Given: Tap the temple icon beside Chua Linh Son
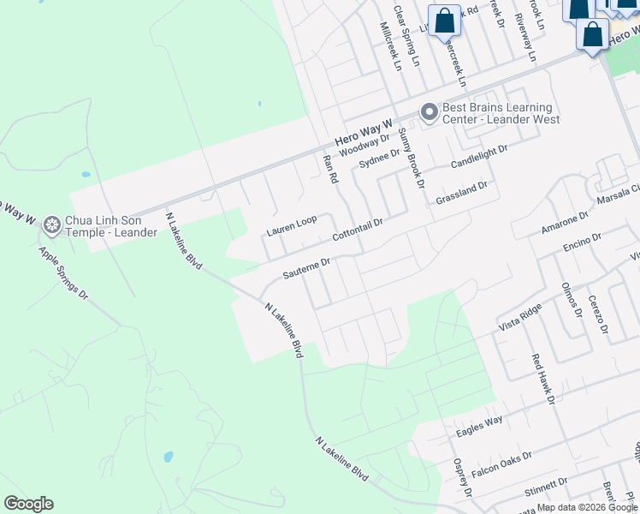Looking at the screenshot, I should tap(52, 225).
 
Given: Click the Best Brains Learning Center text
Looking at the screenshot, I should tap(501, 113).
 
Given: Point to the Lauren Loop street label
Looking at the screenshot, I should tap(291, 226).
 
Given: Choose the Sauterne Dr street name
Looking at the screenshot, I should tap(306, 270).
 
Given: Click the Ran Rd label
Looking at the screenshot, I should tap(330, 169).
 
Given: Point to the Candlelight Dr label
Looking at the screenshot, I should tap(479, 155).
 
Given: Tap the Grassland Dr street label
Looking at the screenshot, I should tap(461, 192).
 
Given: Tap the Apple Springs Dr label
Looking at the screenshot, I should tap(63, 274).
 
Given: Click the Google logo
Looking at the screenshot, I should tap(28, 504).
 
